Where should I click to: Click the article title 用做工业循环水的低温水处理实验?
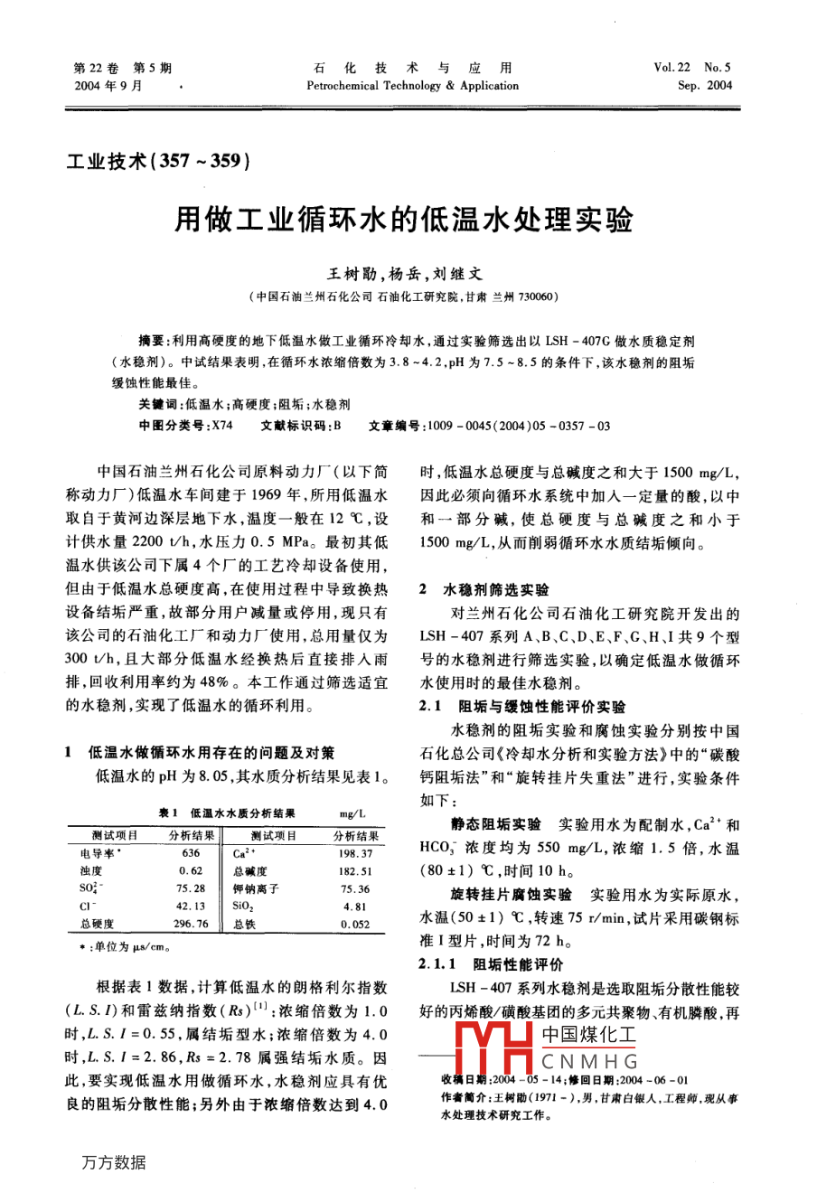(403, 221)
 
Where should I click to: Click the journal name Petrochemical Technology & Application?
(412, 87)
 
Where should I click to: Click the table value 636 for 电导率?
(191, 853)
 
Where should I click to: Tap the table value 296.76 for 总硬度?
(191, 924)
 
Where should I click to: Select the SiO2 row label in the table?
(243, 906)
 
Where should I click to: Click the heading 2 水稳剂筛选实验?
(484, 589)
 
